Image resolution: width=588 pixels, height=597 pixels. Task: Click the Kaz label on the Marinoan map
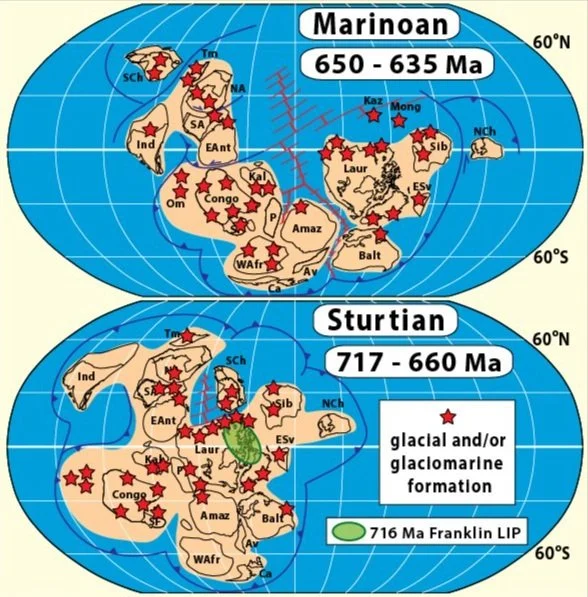tap(372, 101)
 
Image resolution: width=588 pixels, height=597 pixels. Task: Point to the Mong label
tap(405, 106)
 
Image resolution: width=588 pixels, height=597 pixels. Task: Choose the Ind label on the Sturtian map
tap(85, 377)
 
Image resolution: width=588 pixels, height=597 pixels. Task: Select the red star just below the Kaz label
tap(373, 116)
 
